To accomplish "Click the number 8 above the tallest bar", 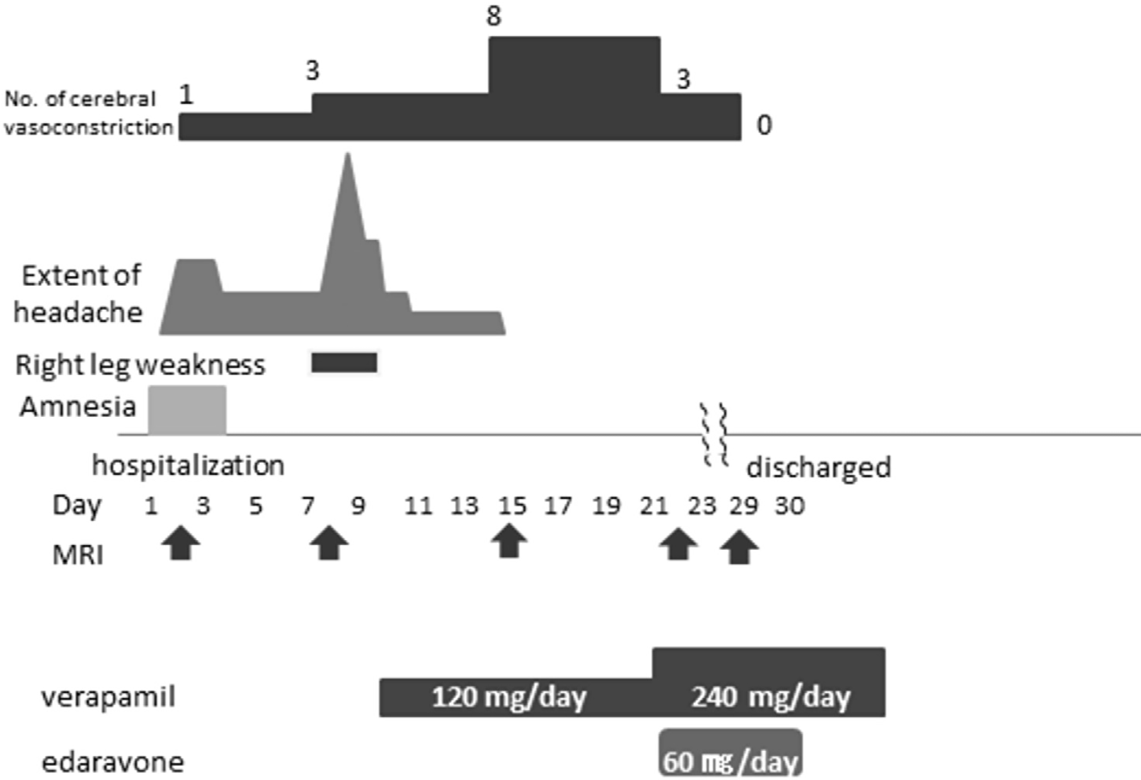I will click(493, 16).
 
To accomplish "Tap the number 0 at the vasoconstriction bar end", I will click(764, 125).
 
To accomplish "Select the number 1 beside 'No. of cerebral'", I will click(186, 95).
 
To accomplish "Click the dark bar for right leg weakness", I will click(344, 363).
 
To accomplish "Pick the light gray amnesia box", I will click(187, 410).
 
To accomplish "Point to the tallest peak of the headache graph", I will click(347, 158).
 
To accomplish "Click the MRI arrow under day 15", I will click(509, 541).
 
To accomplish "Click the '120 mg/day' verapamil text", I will click(509, 697).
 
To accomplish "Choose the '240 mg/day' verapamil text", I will click(770, 697).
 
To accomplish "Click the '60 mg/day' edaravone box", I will click(730, 757).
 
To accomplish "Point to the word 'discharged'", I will click(818, 468).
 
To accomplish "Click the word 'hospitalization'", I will click(188, 465).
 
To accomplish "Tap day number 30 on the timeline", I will click(789, 506).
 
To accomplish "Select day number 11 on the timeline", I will click(418, 506).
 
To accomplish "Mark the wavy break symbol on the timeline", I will click(715, 435).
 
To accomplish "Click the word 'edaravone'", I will click(113, 761).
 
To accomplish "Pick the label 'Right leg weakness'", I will click(140, 365).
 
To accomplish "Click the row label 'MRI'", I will click(78, 555).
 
